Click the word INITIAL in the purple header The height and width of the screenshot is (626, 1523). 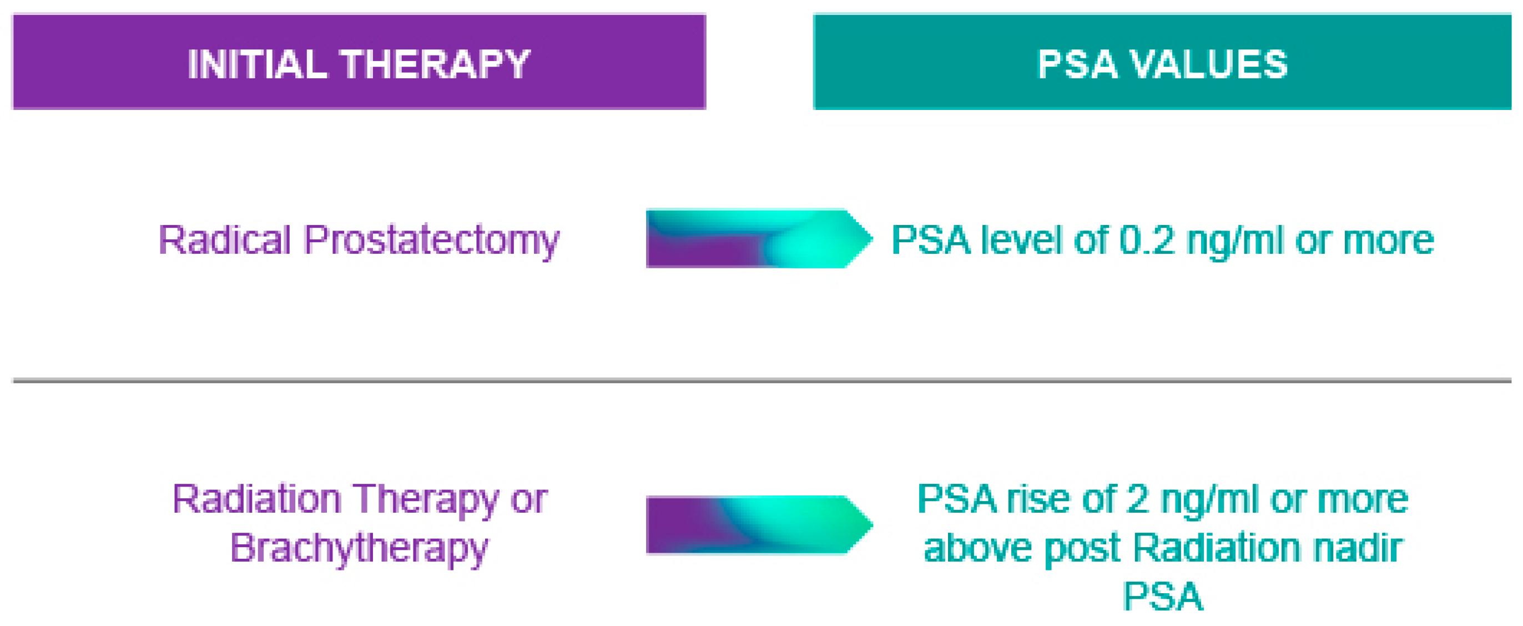[x=257, y=64]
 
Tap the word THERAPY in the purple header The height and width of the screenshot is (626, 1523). [x=436, y=64]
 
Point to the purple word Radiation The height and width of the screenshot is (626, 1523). [x=257, y=499]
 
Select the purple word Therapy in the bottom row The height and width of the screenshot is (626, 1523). [x=426, y=500]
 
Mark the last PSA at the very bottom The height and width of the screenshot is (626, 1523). [x=1162, y=596]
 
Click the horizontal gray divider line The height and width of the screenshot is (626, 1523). [x=761, y=380]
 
